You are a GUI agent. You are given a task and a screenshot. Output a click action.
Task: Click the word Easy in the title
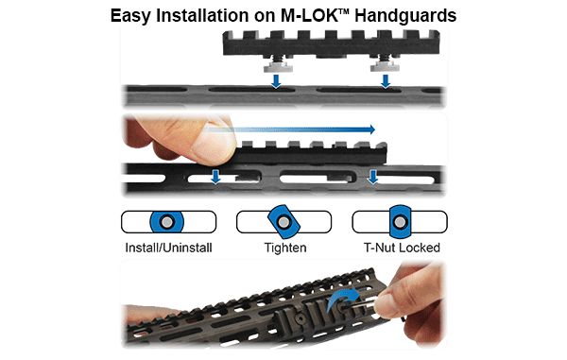click(x=134, y=15)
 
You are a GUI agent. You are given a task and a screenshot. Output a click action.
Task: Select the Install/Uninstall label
click(x=168, y=249)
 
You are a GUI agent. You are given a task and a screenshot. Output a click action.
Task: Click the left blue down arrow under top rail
click(x=274, y=83)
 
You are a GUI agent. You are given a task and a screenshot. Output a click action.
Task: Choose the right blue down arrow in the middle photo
click(x=374, y=176)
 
